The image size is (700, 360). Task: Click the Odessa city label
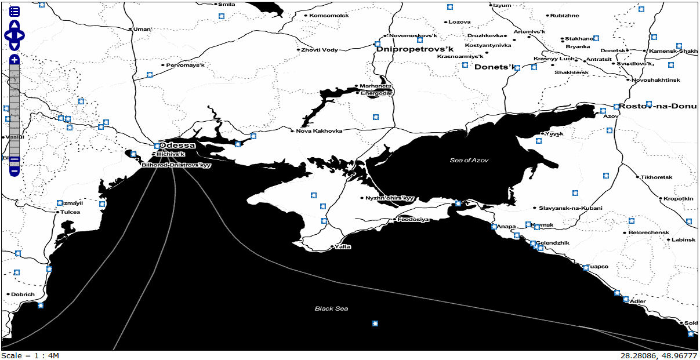177,145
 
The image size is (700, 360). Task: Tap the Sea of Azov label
470,160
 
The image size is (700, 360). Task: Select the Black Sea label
331,308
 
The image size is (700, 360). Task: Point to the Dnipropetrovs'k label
414,49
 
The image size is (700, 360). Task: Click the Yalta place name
343,246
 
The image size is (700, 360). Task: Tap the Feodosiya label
414,219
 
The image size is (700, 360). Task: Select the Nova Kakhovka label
319,130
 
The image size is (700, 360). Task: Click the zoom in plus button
14,60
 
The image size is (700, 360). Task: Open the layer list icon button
14,12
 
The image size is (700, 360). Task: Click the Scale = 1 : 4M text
30,355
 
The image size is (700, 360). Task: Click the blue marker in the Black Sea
375,323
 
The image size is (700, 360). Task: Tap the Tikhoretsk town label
656,177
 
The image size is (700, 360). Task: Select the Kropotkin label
679,198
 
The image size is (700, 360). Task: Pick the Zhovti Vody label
319,50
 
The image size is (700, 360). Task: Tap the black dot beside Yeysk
542,133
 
